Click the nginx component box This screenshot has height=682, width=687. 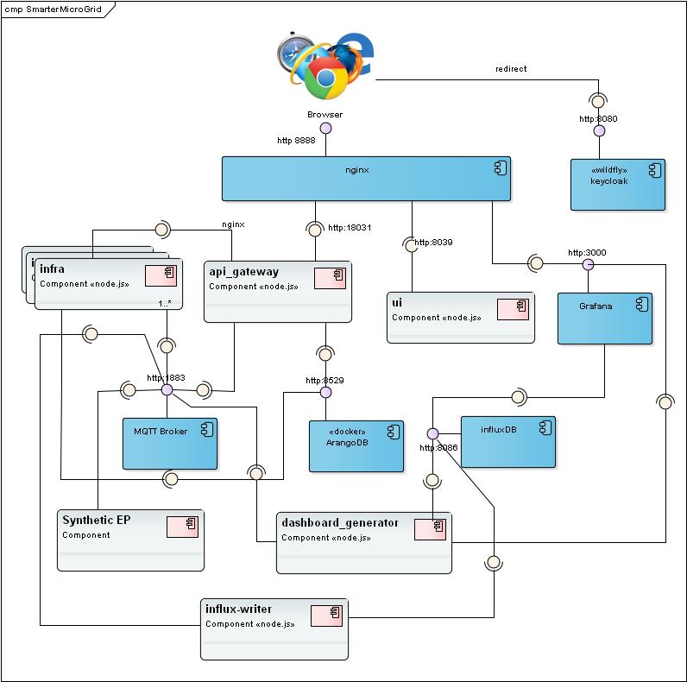366,179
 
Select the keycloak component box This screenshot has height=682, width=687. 617,184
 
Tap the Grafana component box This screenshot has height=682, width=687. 603,319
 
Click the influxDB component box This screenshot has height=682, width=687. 507,441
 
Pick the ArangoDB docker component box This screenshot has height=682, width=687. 356,445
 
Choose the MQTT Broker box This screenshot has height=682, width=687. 169,444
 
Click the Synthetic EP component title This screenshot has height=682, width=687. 97,520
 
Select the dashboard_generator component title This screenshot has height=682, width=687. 340,522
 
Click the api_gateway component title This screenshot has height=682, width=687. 244,271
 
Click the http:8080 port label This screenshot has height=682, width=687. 598,119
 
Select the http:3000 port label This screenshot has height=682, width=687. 586,253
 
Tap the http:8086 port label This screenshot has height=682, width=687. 438,447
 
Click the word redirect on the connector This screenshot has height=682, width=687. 511,68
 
